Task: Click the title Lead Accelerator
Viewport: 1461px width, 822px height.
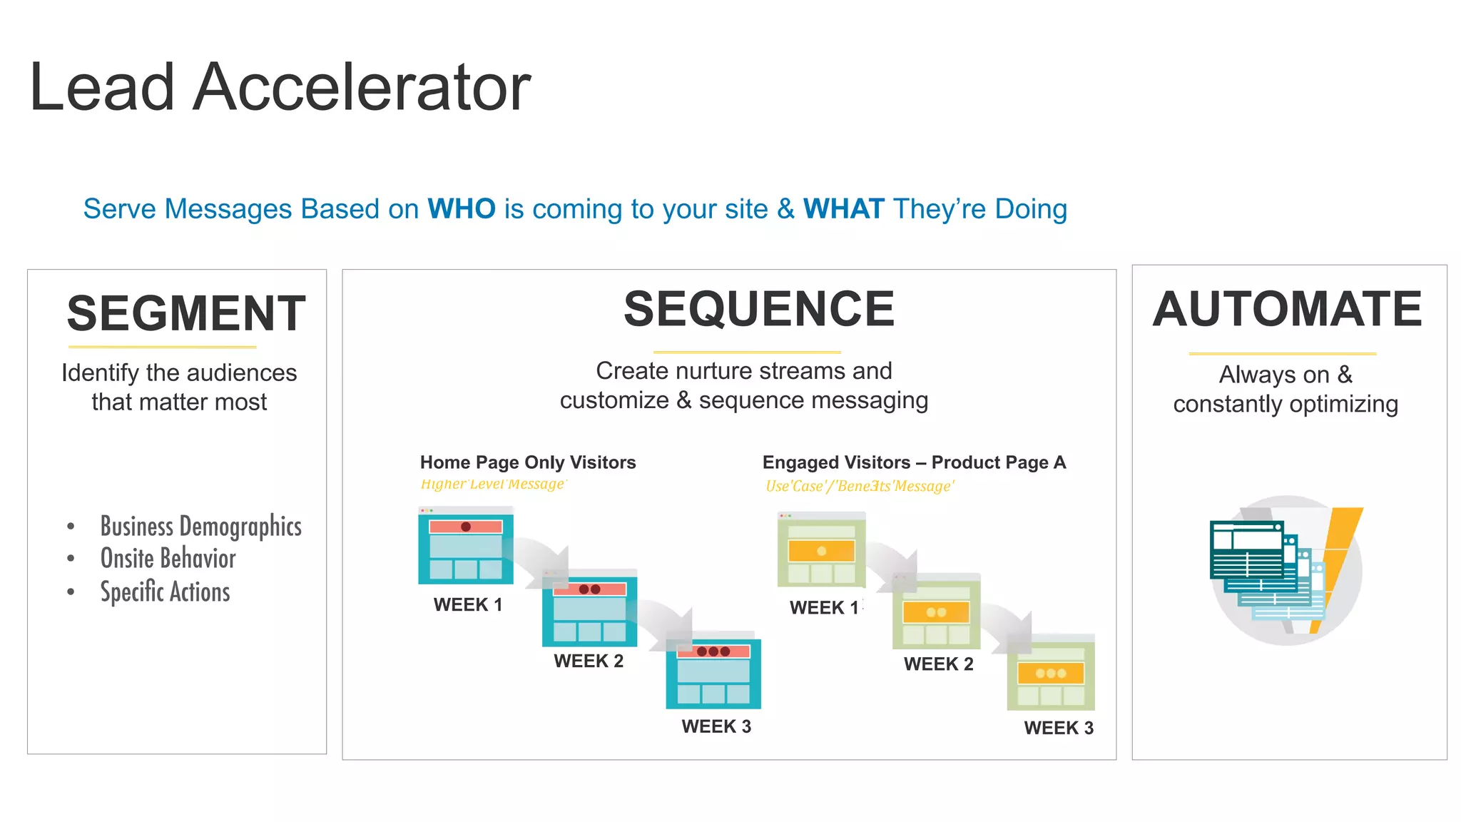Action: tap(280, 87)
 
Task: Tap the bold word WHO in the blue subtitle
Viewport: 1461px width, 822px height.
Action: tap(462, 209)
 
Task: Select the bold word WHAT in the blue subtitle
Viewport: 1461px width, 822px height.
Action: tap(843, 209)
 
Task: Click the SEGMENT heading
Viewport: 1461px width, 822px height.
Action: tap(185, 313)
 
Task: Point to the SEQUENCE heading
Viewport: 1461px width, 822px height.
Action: tap(759, 309)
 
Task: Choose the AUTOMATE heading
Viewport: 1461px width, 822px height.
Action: tap(1288, 309)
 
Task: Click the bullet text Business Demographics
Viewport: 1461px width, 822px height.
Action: tap(200, 527)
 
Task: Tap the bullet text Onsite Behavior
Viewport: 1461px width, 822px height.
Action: tap(168, 559)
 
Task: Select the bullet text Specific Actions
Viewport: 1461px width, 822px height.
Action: tap(165, 592)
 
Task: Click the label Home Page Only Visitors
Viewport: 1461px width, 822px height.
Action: tap(528, 462)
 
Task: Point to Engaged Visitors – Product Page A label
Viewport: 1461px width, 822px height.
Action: tap(914, 462)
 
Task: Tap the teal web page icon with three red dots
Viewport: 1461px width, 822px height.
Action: tap(713, 671)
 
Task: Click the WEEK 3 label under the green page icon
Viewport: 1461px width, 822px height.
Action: tap(1059, 728)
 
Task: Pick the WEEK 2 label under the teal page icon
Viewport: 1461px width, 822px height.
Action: tap(589, 661)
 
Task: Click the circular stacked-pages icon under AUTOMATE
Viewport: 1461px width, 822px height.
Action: tap(1287, 571)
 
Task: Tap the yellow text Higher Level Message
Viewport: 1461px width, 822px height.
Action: tap(493, 484)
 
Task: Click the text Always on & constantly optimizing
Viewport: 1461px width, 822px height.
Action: tap(1286, 389)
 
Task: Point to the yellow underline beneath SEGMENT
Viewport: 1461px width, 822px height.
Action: tap(162, 347)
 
